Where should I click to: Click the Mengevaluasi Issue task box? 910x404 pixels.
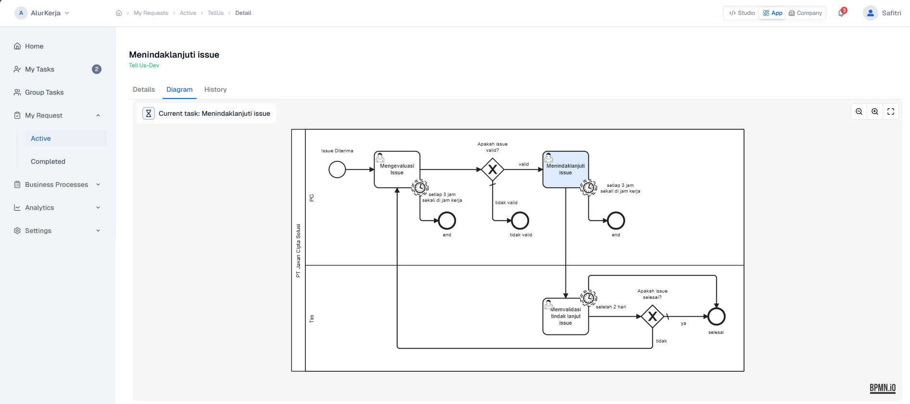397,169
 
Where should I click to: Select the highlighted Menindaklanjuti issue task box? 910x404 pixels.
565,169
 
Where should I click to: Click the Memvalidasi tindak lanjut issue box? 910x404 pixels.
565,317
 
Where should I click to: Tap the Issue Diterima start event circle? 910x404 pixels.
337,169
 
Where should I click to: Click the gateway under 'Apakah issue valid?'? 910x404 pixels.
493,169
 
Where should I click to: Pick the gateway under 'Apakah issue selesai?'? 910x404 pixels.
652,317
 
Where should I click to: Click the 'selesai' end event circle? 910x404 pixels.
716,317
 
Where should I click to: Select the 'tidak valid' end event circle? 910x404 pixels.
520,220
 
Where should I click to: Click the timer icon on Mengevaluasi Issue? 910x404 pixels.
420,187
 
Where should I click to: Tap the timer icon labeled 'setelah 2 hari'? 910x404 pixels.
588,298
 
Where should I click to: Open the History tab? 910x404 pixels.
215,90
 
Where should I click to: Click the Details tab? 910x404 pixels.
144,90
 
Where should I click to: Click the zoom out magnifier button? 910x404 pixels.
859,111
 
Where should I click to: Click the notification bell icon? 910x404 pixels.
841,13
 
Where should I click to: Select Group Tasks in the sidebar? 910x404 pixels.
44,92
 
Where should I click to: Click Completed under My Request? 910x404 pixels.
48,161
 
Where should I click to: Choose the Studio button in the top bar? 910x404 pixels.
742,13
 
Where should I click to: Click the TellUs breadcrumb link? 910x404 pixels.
215,13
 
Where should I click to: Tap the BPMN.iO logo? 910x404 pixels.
882,388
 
